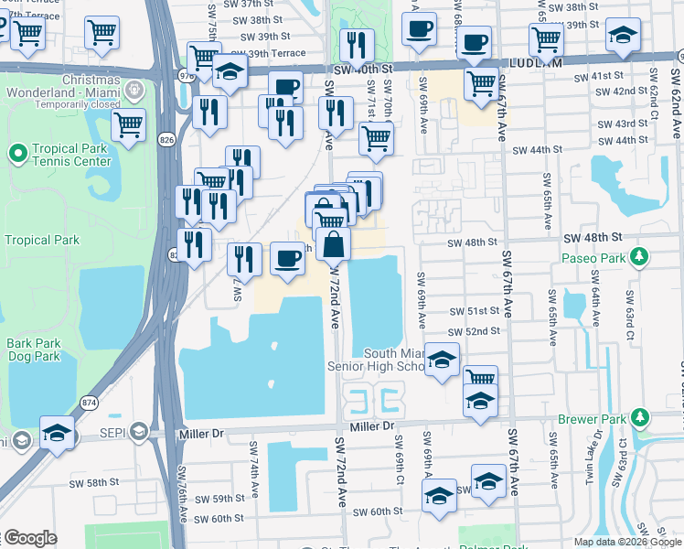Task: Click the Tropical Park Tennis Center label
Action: [x=73, y=156]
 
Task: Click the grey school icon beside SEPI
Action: [x=138, y=431]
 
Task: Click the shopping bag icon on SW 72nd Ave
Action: [x=335, y=244]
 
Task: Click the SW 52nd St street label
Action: [x=474, y=331]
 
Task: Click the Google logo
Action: [x=29, y=538]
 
